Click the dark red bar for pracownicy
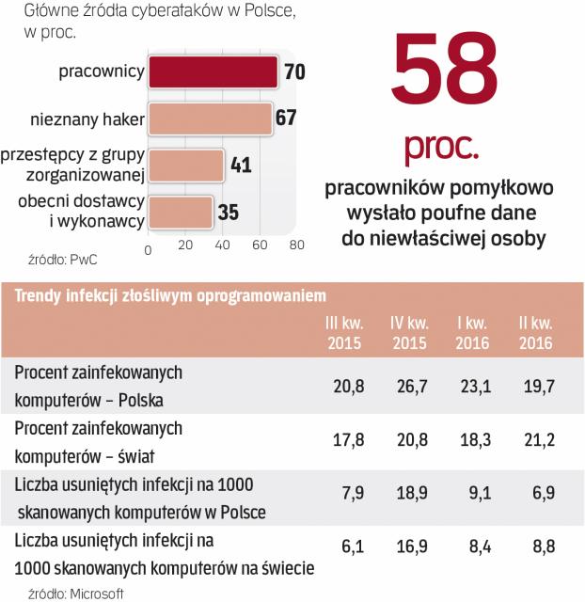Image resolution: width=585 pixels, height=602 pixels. pyautogui.click(x=213, y=72)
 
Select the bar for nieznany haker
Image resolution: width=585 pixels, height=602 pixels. pyautogui.click(x=209, y=119)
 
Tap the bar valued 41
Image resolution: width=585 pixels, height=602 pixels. pyautogui.click(x=186, y=166)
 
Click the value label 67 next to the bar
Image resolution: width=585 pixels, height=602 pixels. pyautogui.click(x=286, y=119)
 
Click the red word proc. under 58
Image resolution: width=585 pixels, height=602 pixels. pyautogui.click(x=441, y=148)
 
